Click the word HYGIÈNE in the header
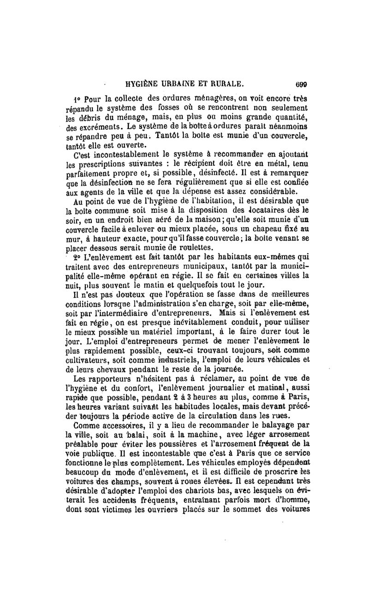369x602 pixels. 141,84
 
